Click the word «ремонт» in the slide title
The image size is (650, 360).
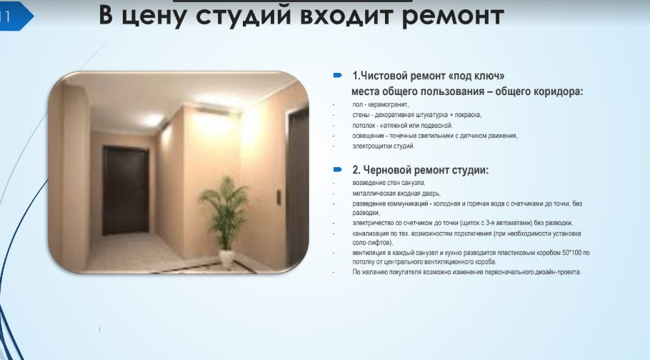pyautogui.click(x=453, y=16)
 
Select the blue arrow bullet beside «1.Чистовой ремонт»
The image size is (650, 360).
pyautogui.click(x=337, y=75)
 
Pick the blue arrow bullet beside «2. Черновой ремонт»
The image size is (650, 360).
pyautogui.click(x=337, y=169)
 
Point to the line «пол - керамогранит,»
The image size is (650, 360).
pyautogui.click(x=381, y=104)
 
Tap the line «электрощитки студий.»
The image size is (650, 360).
pyautogui.click(x=384, y=146)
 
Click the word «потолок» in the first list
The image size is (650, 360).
pyautogui.click(x=364, y=125)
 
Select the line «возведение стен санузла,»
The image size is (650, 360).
pyautogui.click(x=389, y=182)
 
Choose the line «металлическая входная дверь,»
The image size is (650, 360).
pyautogui.click(x=396, y=194)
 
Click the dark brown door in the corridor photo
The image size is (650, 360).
pyautogui.click(x=126, y=191)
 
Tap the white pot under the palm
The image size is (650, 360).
pyautogui.click(x=226, y=259)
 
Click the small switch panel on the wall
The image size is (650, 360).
pyautogui.click(x=279, y=197)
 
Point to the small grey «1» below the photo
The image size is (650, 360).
pyautogui.click(x=99, y=330)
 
